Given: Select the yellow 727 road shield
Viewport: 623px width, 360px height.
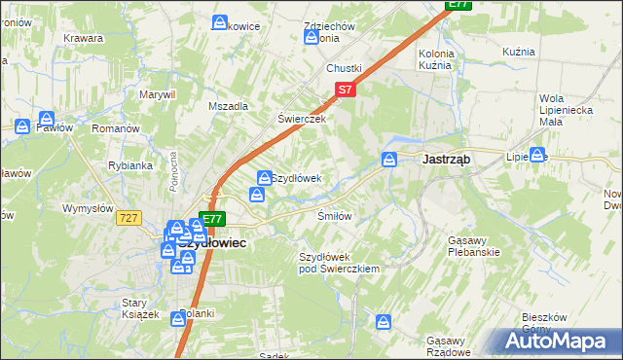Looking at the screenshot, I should coord(128,219).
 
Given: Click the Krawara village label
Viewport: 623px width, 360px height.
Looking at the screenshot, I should coord(84,38).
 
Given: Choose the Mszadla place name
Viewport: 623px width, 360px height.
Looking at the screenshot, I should coord(229,106).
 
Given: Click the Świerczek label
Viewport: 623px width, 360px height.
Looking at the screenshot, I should coord(299,119).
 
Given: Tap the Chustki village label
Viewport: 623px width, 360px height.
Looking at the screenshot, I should coord(345,69).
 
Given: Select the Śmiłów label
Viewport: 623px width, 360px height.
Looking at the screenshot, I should coord(334,216).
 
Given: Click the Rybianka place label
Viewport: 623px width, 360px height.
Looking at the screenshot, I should coord(130,165).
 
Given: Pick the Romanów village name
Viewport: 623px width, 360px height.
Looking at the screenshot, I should coord(116,128).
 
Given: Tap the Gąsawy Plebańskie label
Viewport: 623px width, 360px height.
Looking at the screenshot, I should coord(474,246).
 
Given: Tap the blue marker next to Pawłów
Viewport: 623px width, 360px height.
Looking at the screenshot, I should coord(21,125).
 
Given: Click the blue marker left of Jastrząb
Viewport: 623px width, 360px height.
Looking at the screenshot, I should coord(389,159).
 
